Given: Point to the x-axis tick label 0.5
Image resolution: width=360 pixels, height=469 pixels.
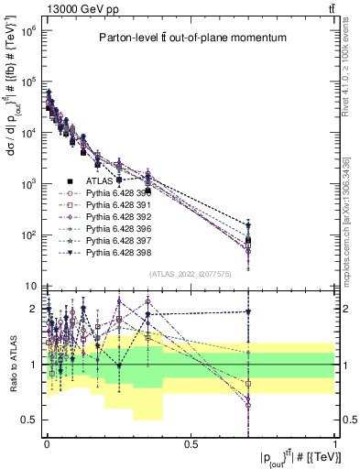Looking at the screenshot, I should pos(191,443).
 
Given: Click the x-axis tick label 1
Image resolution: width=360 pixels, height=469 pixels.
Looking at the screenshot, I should pos(335,443).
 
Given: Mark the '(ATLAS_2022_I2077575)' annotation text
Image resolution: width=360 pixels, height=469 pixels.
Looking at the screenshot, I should pos(190,273).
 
